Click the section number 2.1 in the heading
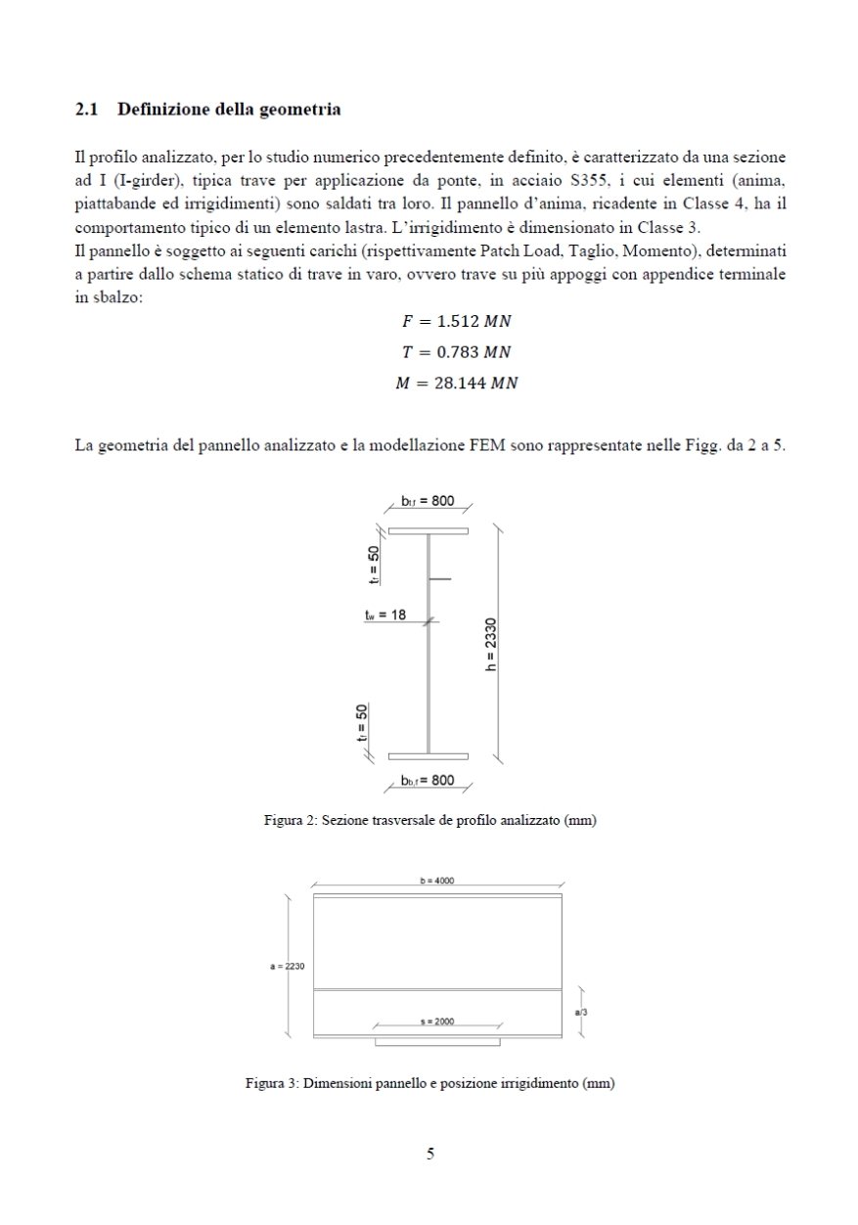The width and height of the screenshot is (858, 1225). (x=86, y=110)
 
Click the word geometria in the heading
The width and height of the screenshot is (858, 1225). (x=299, y=110)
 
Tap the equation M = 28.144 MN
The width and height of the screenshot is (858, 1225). (x=455, y=384)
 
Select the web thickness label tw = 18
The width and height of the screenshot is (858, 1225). (x=384, y=614)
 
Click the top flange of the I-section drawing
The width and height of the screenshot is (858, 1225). (x=428, y=531)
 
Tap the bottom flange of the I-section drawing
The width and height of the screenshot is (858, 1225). (x=428, y=755)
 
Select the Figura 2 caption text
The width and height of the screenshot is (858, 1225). (x=429, y=820)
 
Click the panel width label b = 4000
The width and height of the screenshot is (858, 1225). (x=436, y=881)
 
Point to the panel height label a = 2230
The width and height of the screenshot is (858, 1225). (x=288, y=967)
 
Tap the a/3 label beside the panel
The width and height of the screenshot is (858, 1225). (x=580, y=1012)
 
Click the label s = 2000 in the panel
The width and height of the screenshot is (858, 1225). (x=436, y=1021)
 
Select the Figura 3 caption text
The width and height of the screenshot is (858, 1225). (x=429, y=1083)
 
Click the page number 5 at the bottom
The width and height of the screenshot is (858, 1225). (x=430, y=1154)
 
